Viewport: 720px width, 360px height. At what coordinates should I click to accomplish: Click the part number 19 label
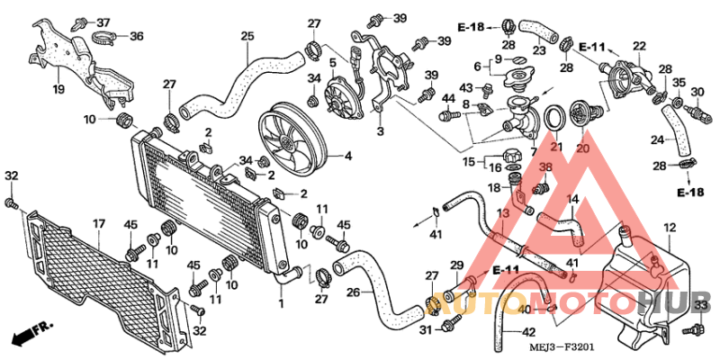(x=58, y=88)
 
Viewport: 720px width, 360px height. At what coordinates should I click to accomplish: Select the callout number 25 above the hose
(x=247, y=36)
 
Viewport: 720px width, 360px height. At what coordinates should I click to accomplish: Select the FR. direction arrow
(x=32, y=331)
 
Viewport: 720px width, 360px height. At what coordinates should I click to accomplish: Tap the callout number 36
(x=137, y=36)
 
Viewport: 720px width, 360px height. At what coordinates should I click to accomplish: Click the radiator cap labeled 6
(x=522, y=78)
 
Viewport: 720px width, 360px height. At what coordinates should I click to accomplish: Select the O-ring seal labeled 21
(x=554, y=117)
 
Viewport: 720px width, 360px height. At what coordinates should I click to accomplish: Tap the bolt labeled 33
(x=693, y=328)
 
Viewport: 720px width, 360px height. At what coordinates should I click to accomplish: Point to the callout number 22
(x=639, y=46)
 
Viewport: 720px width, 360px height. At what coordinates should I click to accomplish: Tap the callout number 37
(x=103, y=22)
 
